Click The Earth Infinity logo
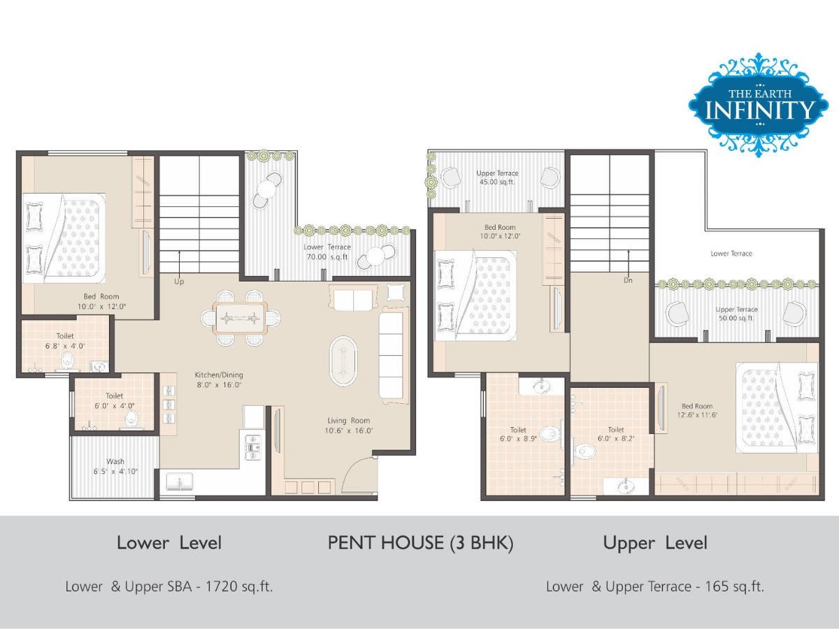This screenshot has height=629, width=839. [759, 105]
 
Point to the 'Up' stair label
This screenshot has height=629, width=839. [179, 282]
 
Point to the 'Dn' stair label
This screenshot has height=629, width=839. [628, 280]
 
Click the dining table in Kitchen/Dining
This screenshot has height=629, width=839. [241, 318]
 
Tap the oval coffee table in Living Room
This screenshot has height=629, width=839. [343, 361]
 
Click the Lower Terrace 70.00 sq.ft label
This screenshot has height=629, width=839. [327, 252]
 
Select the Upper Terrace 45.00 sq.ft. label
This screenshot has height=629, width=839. [497, 178]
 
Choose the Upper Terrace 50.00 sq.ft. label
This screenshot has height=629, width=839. [736, 314]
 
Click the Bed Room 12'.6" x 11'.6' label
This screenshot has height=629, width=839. [697, 410]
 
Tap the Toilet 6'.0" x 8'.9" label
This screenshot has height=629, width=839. [518, 434]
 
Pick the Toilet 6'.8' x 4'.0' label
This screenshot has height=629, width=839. [65, 340]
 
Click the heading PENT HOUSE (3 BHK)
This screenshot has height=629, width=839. [420, 543]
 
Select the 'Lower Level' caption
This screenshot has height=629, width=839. [169, 543]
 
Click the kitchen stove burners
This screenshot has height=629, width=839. [252, 447]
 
